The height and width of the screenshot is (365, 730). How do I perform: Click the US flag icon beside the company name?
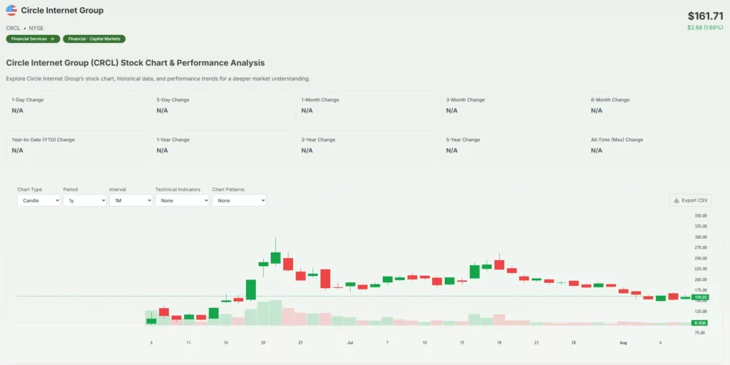[x=11, y=11]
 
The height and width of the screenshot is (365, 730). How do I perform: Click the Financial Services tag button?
[x=33, y=38]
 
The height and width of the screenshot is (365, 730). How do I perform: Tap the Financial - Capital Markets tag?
[x=94, y=38]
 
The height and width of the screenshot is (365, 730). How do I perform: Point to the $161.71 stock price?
[x=705, y=16]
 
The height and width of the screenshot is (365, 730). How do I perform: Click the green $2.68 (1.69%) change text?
[x=705, y=28]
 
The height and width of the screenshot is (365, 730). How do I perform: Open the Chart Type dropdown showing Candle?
[x=38, y=201]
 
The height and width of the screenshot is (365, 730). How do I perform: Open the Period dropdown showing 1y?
[x=84, y=201]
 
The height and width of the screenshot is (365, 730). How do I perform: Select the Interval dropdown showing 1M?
[x=130, y=201]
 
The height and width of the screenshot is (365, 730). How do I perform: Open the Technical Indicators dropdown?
[x=182, y=201]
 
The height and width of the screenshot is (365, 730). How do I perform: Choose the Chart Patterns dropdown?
[x=239, y=201]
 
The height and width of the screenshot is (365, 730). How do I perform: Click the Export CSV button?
[x=690, y=200]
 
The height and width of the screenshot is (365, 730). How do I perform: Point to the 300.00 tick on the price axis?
[x=700, y=237]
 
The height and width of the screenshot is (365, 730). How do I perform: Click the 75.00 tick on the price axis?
[x=700, y=333]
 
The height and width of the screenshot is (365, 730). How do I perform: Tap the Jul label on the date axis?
[x=350, y=343]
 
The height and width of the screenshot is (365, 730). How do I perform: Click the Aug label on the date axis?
[x=623, y=343]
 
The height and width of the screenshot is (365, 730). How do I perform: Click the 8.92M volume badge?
[x=699, y=323]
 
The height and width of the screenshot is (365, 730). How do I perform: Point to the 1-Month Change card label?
[x=320, y=100]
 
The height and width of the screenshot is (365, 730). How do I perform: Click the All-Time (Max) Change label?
[x=617, y=140]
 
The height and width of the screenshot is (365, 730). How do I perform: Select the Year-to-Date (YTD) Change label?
[x=43, y=140]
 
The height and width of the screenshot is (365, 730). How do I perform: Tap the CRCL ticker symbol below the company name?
[x=13, y=28]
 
